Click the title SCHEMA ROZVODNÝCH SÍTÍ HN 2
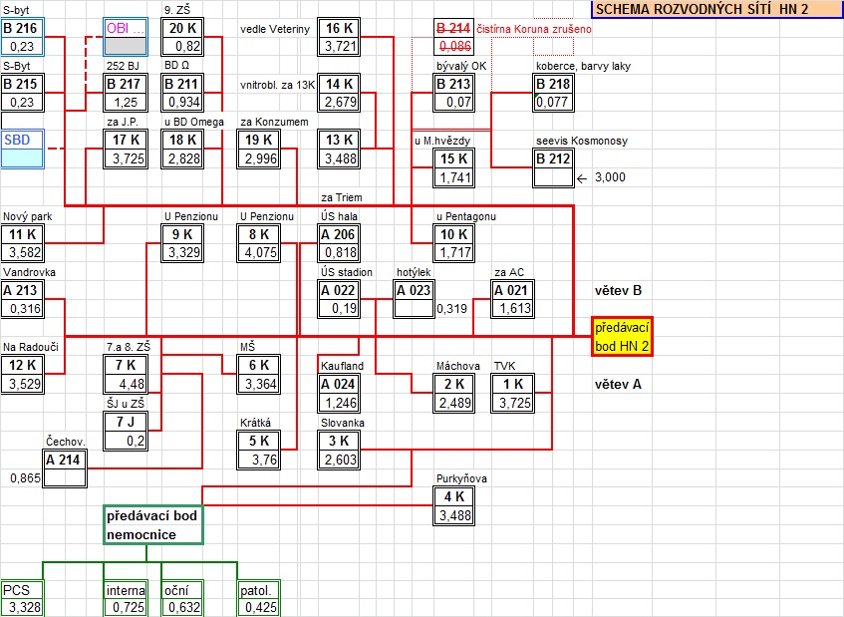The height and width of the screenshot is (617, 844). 703,9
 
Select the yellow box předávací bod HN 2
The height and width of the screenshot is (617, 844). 621,336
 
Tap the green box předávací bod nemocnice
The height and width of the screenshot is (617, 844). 153,525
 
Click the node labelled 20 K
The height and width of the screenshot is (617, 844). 182,28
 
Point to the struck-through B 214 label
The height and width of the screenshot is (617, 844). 454,28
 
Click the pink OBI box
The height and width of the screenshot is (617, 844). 125,28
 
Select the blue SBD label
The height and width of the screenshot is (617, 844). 17,140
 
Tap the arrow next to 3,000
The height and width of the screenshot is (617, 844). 583,177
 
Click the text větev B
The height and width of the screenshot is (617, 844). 617,291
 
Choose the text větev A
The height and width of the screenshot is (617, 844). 617,384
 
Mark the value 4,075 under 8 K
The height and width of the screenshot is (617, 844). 258,253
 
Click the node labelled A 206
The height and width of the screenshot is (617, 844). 338,234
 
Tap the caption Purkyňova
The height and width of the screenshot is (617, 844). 461,478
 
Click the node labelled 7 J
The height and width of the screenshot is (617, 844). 125,423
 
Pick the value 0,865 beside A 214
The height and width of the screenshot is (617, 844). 25,478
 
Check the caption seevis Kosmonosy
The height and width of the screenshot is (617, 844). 581,141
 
